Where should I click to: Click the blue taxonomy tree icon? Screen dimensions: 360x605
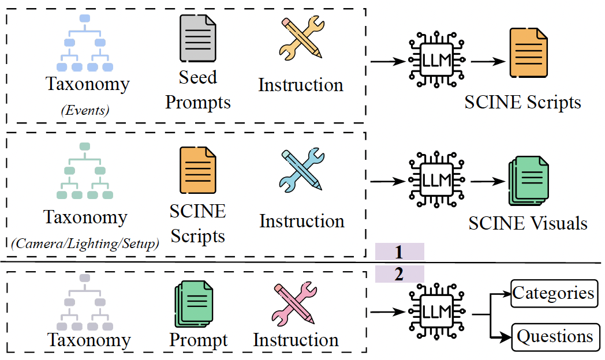point(84,44)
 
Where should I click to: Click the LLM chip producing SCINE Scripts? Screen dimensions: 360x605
point(437,60)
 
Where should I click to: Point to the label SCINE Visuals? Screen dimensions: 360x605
point(528,223)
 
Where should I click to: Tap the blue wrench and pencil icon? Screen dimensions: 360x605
point(301,171)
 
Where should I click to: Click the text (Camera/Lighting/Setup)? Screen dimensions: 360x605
point(85,244)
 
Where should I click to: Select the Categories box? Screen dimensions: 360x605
point(553,293)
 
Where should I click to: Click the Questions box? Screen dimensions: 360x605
point(553,336)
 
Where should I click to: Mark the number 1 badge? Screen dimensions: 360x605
point(399,252)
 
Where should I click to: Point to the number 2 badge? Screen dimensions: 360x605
point(399,274)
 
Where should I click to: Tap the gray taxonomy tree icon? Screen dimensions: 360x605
point(84,302)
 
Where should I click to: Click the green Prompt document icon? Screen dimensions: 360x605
point(191,303)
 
